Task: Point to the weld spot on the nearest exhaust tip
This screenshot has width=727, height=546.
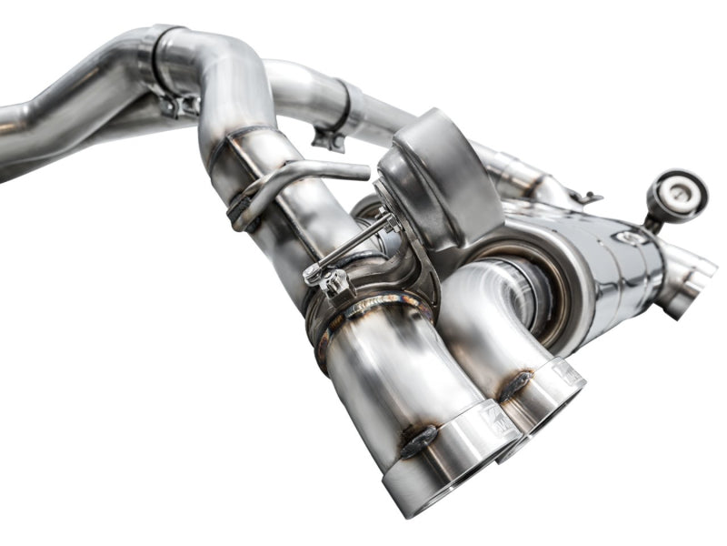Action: tap(419, 441)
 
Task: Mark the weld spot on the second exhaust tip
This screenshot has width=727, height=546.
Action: tap(515, 384)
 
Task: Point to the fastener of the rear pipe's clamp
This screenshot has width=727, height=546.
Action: tap(327, 137)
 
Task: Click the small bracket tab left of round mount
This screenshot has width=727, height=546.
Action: tap(587, 197)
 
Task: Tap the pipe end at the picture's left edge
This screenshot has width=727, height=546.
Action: tap(7, 136)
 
